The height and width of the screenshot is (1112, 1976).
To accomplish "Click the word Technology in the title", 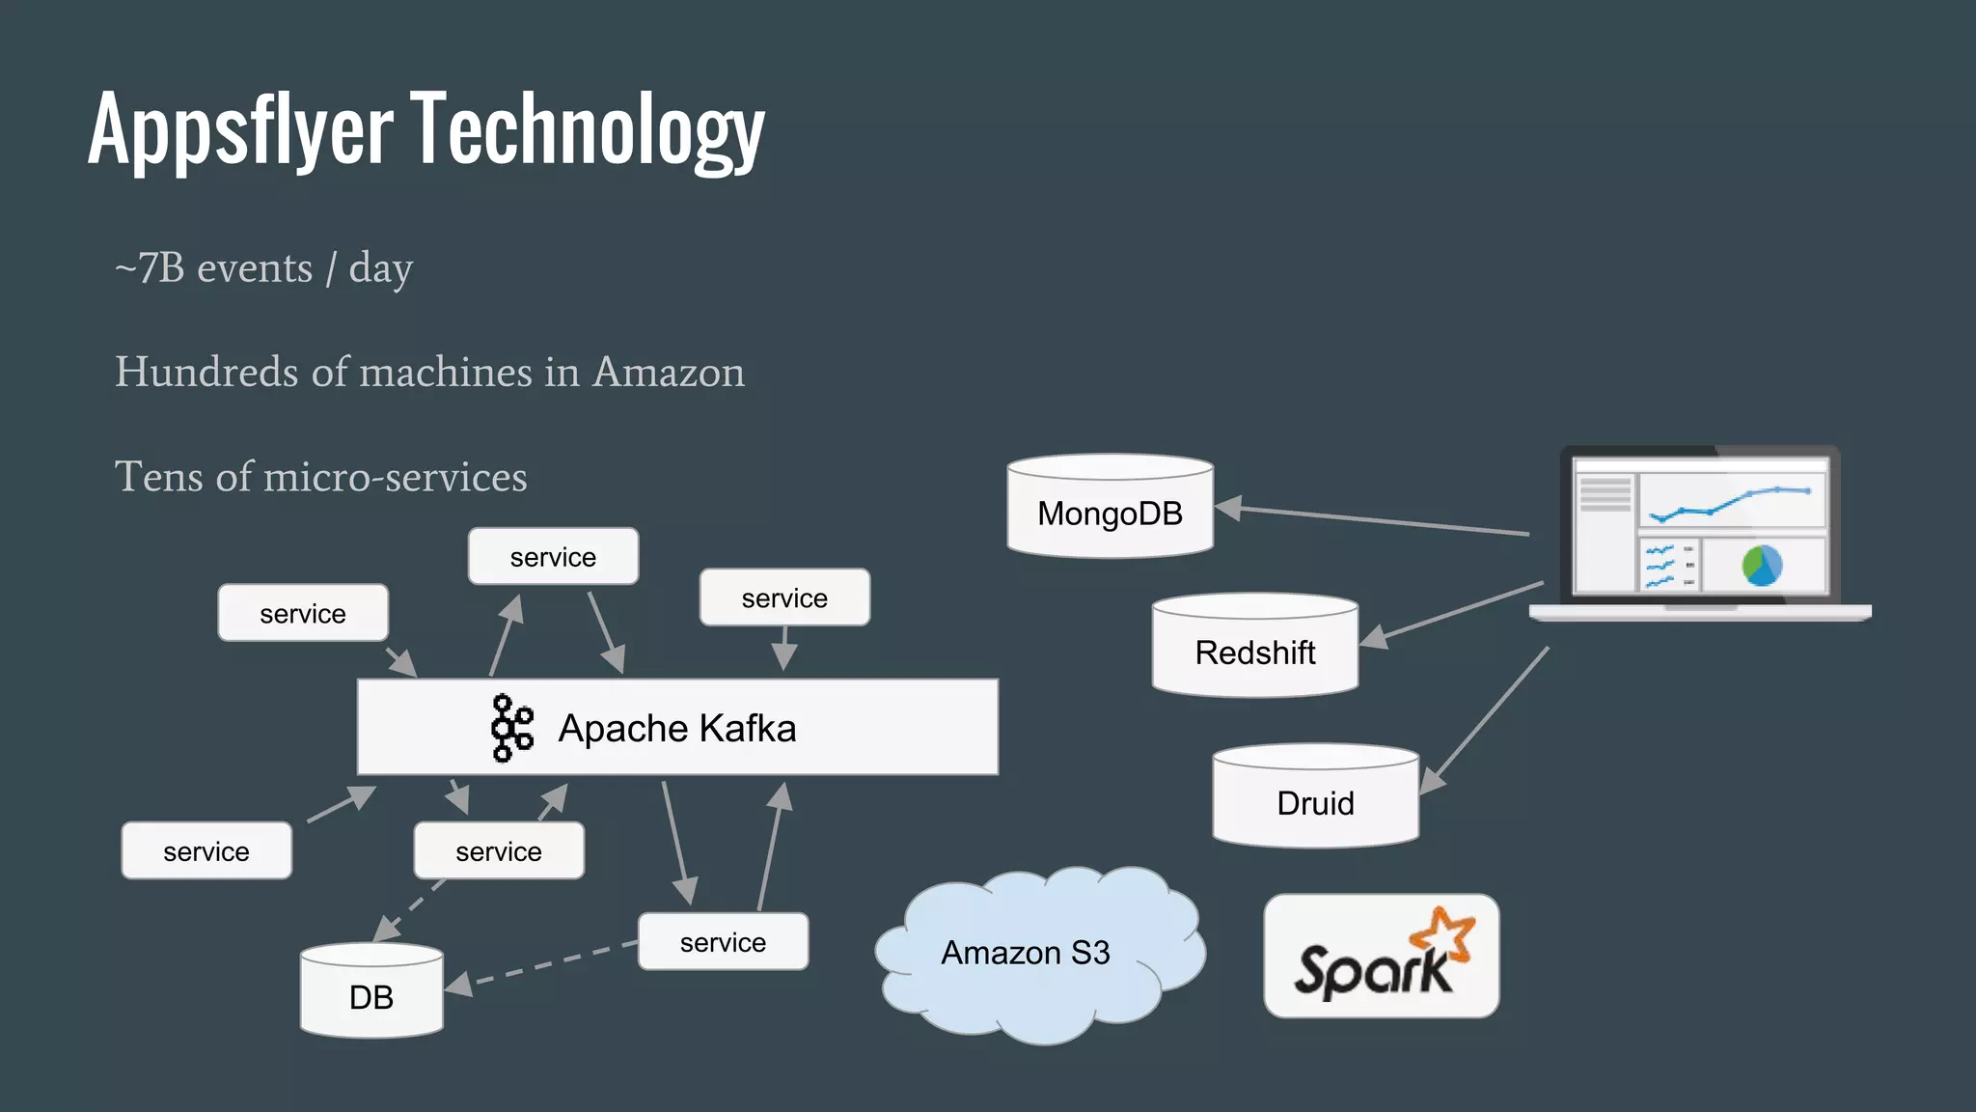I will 589,130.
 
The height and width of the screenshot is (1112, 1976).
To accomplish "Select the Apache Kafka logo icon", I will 511,728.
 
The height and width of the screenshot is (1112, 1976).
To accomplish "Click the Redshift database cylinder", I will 1254,652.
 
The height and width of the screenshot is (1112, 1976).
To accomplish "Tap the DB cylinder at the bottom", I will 371,996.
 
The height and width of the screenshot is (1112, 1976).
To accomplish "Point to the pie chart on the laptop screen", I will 1762,566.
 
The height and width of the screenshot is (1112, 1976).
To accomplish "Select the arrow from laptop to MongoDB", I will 1380,519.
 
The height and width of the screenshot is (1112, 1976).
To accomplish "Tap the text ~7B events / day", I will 263,268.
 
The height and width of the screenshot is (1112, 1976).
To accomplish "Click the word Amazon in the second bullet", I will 668,373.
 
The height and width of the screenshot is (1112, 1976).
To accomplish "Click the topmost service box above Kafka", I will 553,556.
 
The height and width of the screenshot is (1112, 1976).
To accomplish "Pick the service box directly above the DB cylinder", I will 499,850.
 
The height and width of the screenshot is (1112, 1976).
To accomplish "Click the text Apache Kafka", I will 676,728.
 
